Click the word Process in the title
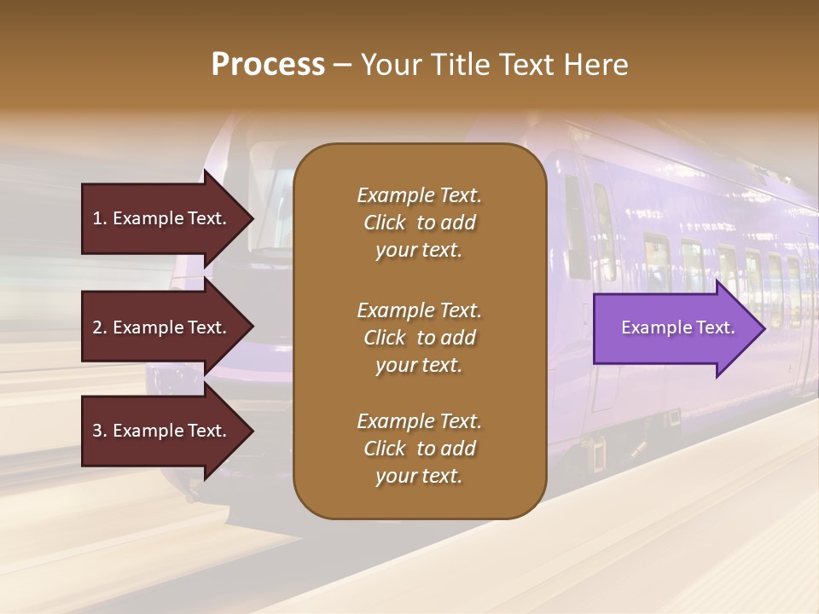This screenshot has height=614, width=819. click(268, 65)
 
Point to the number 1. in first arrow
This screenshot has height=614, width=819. click(99, 218)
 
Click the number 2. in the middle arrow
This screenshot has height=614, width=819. click(99, 327)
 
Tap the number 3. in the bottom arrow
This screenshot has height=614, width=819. click(99, 431)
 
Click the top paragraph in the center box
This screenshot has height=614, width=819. click(419, 223)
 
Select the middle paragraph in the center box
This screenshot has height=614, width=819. click(419, 338)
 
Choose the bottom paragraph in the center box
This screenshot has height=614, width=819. click(419, 449)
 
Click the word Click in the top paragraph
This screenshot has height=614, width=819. click(385, 223)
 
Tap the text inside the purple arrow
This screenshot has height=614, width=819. click(677, 327)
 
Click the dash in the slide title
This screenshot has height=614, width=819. click(342, 66)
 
